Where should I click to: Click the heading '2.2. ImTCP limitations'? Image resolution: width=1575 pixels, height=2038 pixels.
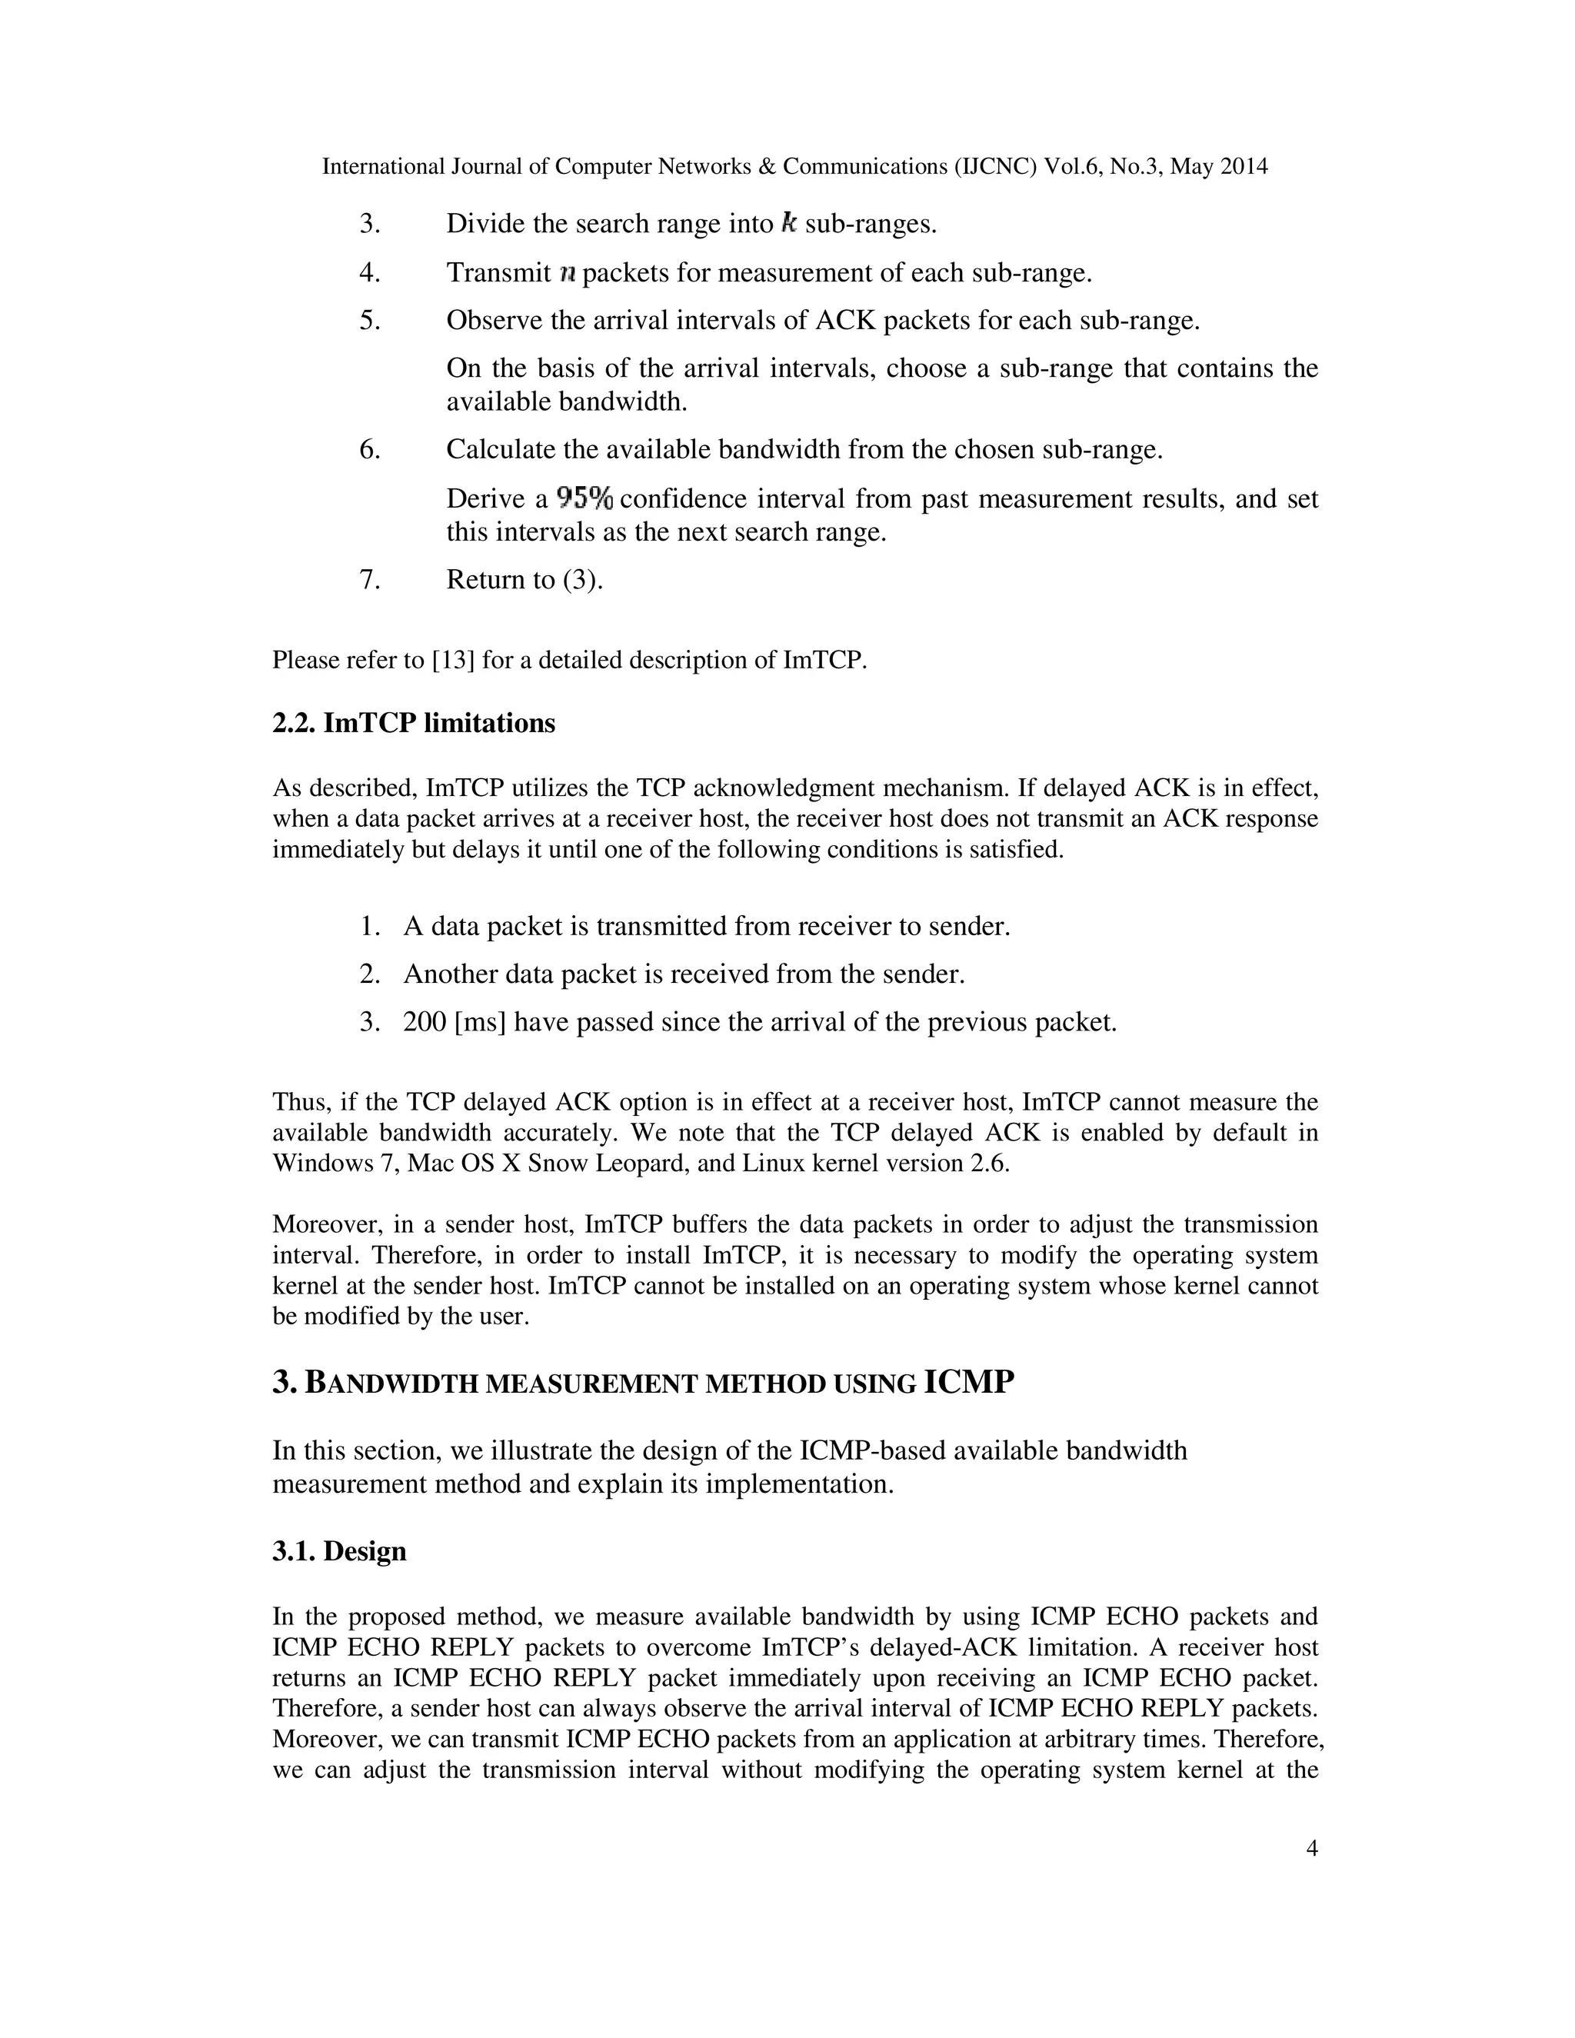pyautogui.click(x=413, y=724)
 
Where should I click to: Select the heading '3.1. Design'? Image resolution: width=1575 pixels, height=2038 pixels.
pyautogui.click(x=340, y=1552)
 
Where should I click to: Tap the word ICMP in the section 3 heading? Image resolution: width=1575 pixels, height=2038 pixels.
pyautogui.click(x=967, y=1382)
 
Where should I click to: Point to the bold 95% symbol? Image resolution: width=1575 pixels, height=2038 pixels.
pyautogui.click(x=584, y=498)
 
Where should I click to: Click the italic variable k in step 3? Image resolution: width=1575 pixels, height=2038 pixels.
pyautogui.click(x=789, y=223)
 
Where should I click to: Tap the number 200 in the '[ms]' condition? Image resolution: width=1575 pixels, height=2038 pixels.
pyautogui.click(x=425, y=1023)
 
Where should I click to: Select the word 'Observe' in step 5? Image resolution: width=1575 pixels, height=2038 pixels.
pyautogui.click(x=494, y=321)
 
